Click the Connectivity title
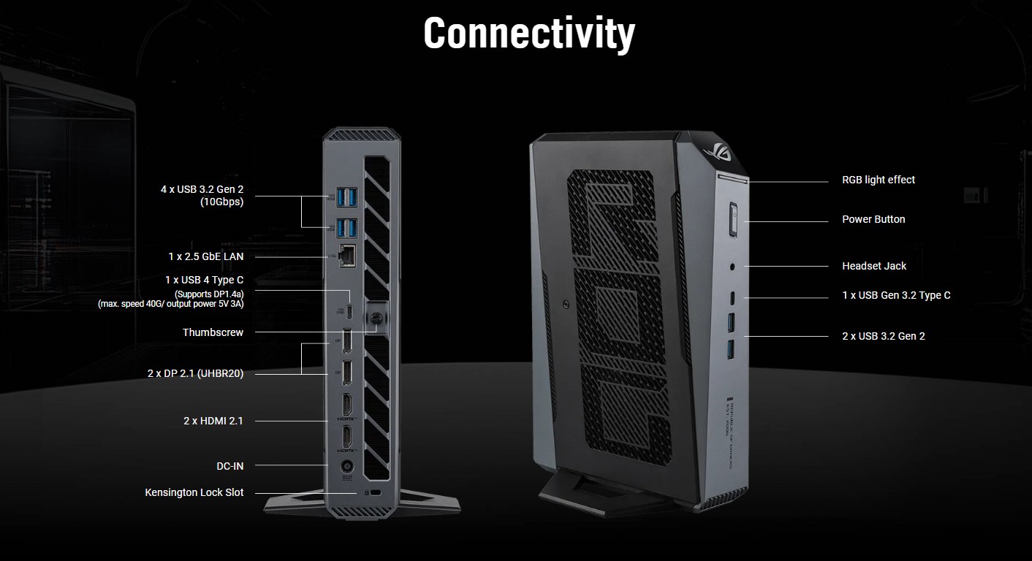point(529,34)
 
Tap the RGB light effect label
point(878,180)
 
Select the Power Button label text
point(873,219)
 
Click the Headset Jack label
point(873,266)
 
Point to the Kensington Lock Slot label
point(194,492)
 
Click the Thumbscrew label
point(213,332)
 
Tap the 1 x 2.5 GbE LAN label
point(205,256)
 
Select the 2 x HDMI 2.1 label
point(213,421)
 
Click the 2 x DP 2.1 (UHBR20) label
point(195,373)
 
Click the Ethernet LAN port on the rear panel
point(349,256)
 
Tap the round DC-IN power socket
point(347,465)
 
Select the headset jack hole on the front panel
point(733,267)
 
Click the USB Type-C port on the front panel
point(733,297)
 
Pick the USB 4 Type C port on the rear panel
point(350,310)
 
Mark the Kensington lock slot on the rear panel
point(375,494)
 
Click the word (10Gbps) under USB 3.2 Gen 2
point(221,202)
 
